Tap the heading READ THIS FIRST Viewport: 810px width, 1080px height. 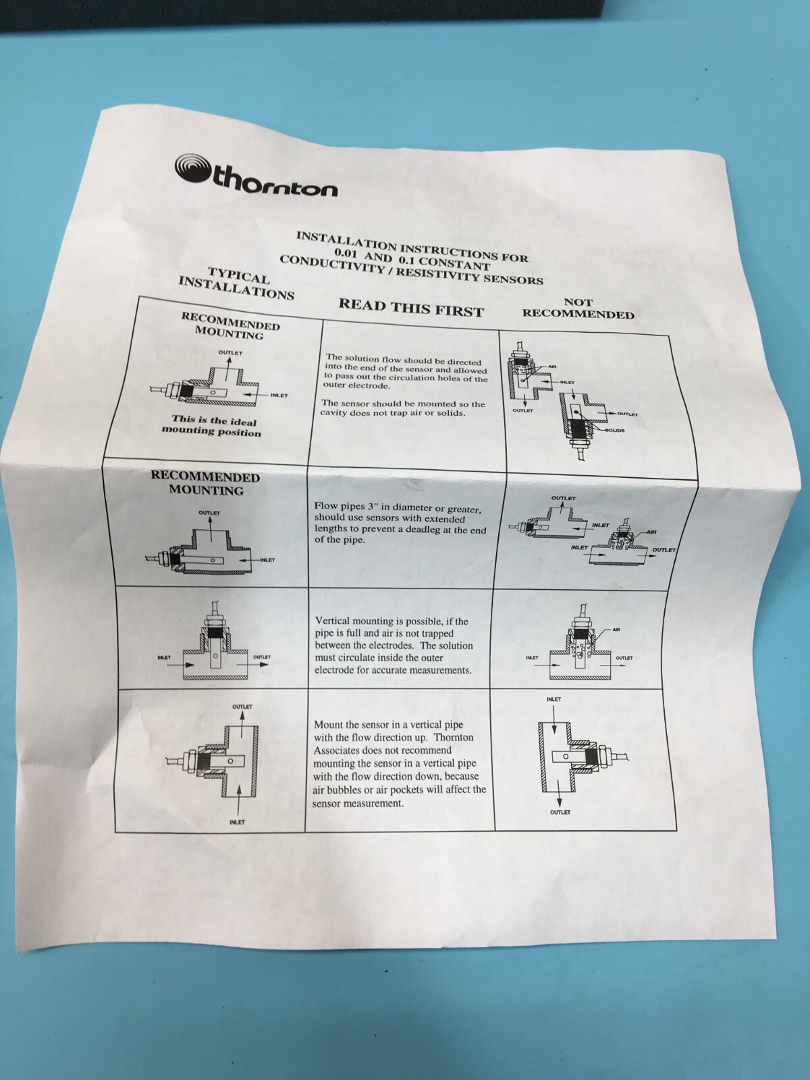(411, 308)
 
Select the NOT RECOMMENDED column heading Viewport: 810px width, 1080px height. (578, 308)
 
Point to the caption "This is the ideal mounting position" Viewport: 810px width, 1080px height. (211, 426)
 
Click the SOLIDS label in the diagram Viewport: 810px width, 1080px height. (615, 430)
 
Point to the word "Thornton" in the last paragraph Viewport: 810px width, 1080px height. (454, 737)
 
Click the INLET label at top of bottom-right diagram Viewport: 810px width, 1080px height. (553, 699)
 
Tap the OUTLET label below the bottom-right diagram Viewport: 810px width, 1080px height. (560, 812)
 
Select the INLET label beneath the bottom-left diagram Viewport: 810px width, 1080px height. (237, 821)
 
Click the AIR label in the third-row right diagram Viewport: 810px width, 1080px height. (617, 629)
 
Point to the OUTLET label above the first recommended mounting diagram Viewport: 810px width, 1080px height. (230, 352)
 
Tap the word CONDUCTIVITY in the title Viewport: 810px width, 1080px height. (323, 263)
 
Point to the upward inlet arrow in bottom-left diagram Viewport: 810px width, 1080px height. (238, 801)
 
